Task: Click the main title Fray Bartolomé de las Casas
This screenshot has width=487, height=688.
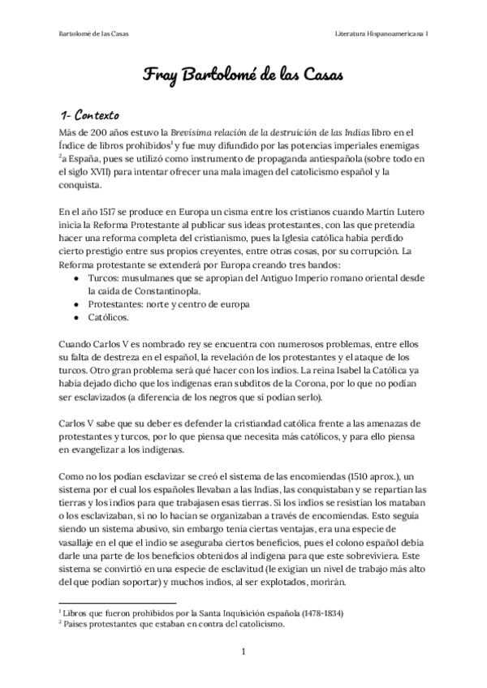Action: tap(243, 75)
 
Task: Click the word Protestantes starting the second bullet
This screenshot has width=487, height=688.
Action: tap(117, 304)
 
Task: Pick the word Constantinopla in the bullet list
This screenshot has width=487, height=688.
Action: tap(178, 291)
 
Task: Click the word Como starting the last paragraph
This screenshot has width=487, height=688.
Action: tap(73, 475)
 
